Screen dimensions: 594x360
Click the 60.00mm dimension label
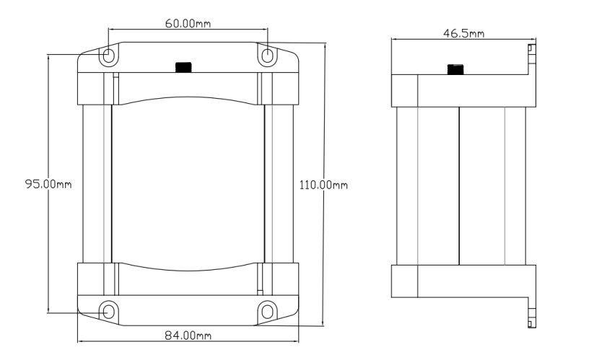tap(188, 24)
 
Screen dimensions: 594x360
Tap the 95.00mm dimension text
tap(48, 184)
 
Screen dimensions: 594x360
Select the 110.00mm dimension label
tap(323, 185)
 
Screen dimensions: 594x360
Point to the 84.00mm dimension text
tap(188, 335)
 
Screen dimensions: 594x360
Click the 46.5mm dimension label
tap(463, 33)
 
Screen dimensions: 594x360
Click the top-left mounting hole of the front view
tap(108, 56)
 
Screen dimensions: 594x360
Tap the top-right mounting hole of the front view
tap(268, 56)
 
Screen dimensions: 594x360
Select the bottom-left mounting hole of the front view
tap(108, 312)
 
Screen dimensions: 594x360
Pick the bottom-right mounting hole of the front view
tap(268, 312)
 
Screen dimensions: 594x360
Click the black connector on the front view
tap(184, 67)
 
